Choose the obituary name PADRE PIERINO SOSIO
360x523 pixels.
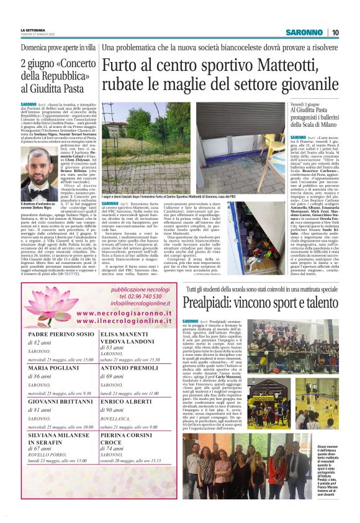(61, 334)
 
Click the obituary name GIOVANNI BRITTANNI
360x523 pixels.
(61, 402)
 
